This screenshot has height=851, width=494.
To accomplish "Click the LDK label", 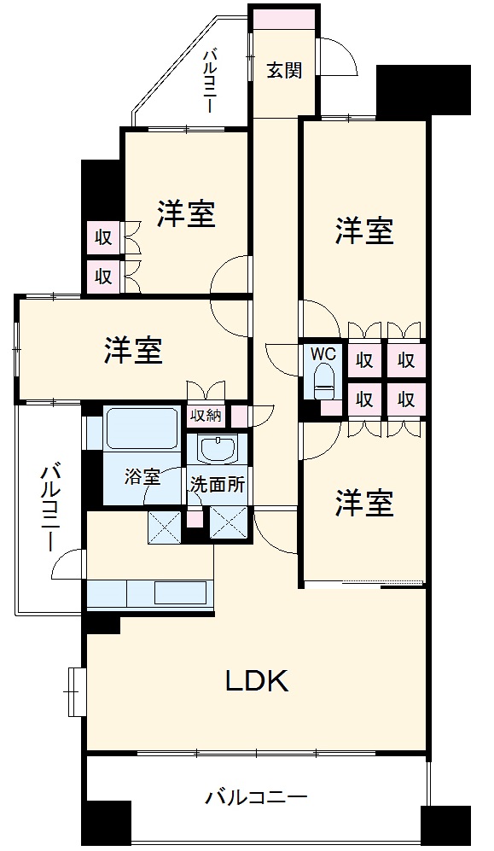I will tap(258, 680).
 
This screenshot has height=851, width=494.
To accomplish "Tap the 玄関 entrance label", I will tap(283, 71).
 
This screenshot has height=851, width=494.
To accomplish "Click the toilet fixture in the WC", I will tap(323, 381).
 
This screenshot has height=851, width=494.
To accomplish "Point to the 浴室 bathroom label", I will tap(142, 477).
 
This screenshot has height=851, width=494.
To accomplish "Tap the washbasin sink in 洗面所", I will tap(219, 450).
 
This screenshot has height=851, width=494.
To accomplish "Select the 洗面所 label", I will tap(218, 483).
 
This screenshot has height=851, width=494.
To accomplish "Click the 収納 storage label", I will tap(206, 416).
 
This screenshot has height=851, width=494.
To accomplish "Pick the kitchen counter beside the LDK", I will tap(149, 592).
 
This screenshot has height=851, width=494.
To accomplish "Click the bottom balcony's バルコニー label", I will tap(255, 798).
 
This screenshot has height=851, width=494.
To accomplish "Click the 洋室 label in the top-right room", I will tap(364, 230).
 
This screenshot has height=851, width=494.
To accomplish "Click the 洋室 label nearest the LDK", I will tap(364, 504).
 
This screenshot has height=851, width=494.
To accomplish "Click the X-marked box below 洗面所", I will tap(228, 522).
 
